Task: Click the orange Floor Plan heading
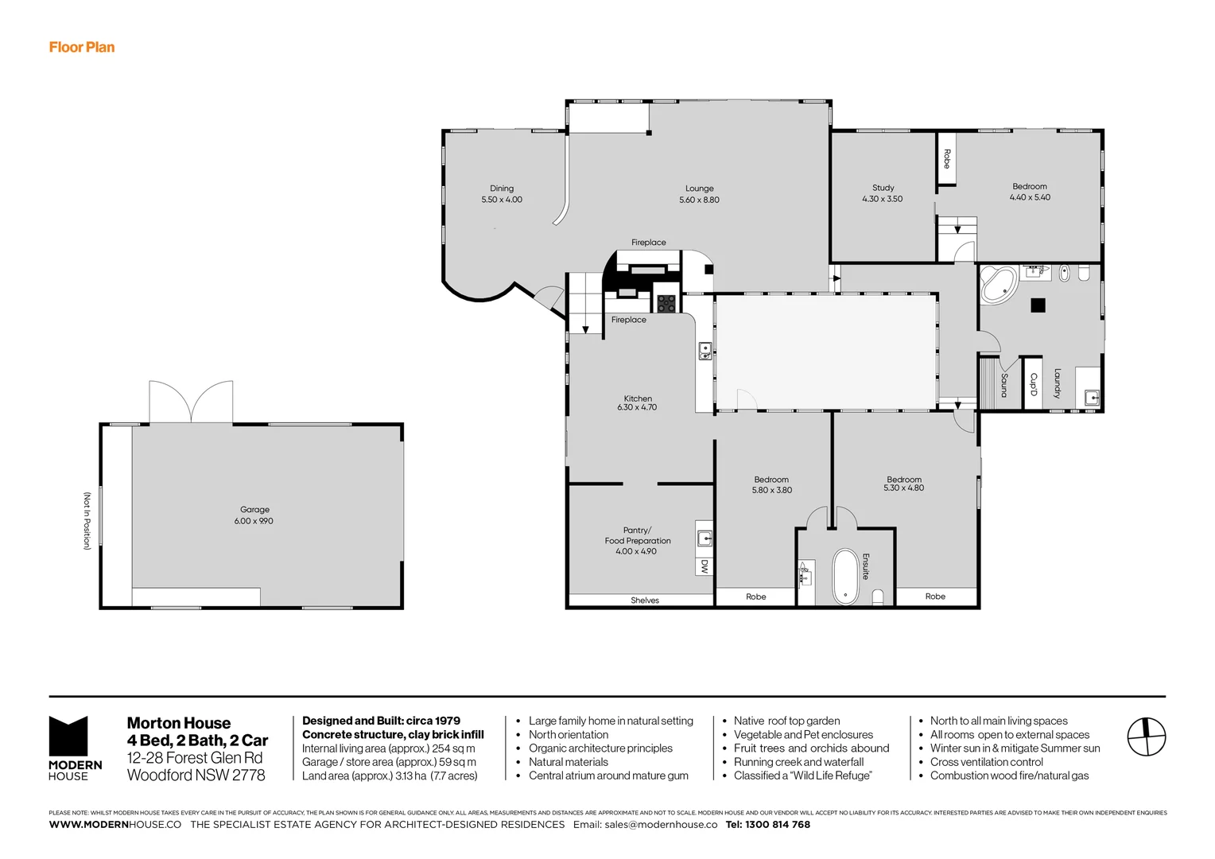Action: click(82, 47)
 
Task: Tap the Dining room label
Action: click(502, 194)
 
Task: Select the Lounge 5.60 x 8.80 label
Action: click(699, 194)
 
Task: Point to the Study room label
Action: click(883, 193)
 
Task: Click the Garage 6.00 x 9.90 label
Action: click(254, 515)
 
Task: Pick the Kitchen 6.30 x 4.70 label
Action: click(637, 402)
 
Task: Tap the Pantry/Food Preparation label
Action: click(637, 540)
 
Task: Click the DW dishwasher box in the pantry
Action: click(705, 566)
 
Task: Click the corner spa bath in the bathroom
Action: click(997, 285)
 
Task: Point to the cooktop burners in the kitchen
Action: click(666, 303)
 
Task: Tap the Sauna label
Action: click(1004, 385)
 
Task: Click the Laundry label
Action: click(1057, 383)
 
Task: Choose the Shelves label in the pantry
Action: click(645, 601)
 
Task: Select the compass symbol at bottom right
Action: click(1146, 737)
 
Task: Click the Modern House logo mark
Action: click(68, 737)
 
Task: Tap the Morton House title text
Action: click(179, 723)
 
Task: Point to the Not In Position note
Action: click(87, 521)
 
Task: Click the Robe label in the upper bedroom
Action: click(946, 159)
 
